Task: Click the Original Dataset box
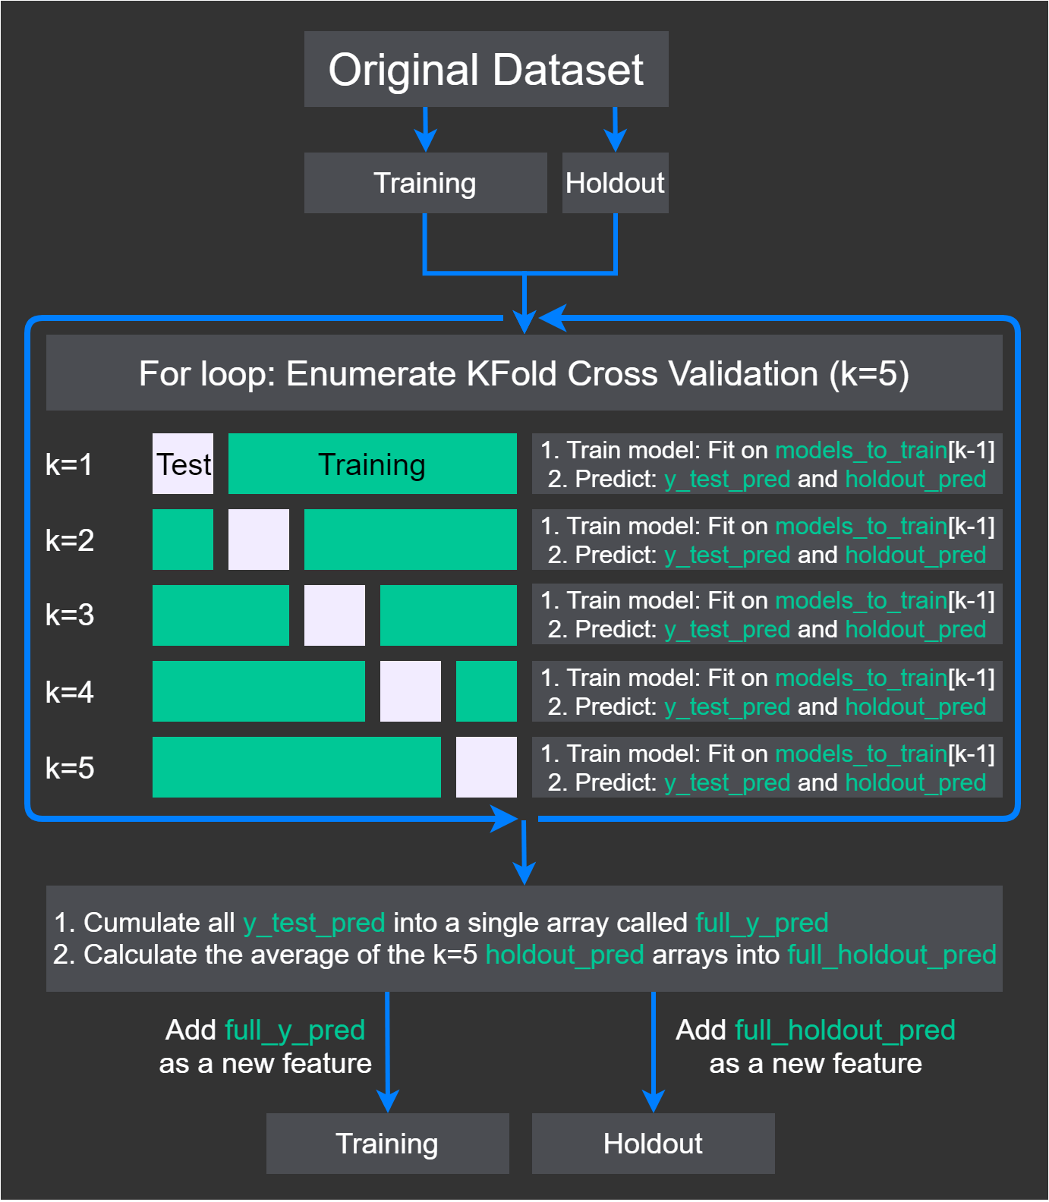point(486,69)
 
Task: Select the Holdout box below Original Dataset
point(615,183)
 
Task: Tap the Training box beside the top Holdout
point(425,183)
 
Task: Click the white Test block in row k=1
point(183,464)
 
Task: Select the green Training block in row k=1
point(372,464)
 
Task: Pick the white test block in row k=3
point(335,615)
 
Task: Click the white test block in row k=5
point(487,767)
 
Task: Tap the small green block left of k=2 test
point(183,540)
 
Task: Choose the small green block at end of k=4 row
point(487,691)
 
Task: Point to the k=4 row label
point(70,692)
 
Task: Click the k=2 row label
point(70,540)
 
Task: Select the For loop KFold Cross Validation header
point(524,373)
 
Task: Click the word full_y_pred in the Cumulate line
point(761,923)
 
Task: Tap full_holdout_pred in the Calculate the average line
point(892,955)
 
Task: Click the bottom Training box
point(387,1144)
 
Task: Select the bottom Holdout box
point(653,1144)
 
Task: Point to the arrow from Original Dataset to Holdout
point(615,129)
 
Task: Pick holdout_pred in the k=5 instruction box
point(915,782)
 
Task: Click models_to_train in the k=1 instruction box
point(861,450)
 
